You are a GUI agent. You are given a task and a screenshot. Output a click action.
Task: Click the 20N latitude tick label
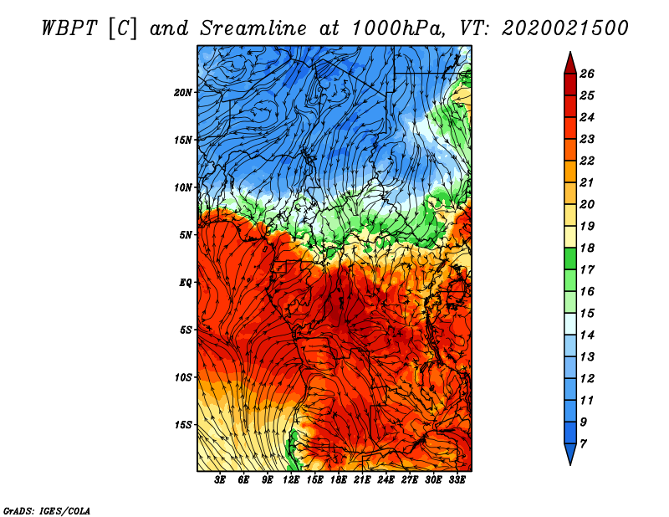182,93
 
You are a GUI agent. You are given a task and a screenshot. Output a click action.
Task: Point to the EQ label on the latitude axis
185,283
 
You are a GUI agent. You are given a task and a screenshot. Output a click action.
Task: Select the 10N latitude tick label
182,187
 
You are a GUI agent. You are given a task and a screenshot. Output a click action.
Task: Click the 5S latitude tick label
186,330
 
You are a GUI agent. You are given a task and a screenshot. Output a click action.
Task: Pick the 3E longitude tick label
220,480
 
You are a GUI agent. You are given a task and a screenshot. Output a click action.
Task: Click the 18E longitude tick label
339,480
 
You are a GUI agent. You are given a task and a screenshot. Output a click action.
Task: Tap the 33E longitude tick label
457,480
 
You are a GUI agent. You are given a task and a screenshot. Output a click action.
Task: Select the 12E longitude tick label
291,480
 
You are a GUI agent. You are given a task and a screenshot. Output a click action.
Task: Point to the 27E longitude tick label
410,480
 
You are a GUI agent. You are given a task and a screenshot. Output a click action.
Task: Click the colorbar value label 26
587,74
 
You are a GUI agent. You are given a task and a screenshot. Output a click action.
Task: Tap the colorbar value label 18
587,248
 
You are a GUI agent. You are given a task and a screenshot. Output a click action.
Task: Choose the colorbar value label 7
583,444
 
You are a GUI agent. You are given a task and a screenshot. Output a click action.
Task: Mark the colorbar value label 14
587,335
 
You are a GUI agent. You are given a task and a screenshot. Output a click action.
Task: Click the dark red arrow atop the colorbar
570,64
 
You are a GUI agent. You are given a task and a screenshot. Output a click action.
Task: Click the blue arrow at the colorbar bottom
570,453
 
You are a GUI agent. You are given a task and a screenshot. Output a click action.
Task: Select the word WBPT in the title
69,28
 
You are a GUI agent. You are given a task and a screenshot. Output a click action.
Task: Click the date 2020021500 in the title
565,28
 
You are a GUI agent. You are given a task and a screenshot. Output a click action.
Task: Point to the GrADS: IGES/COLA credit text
47,510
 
